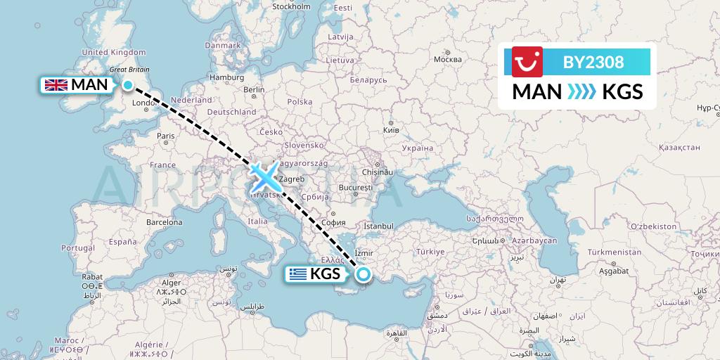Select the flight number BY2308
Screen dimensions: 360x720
[593, 62]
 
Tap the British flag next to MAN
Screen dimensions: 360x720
[55, 85]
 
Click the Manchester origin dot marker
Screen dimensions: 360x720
[128, 85]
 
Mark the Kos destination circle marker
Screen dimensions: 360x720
[364, 274]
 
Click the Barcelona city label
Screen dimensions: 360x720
[164, 221]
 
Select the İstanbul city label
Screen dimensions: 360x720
[378, 226]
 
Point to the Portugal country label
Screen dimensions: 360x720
[77, 247]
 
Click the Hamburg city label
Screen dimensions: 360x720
[226, 77]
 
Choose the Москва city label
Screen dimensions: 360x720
[447, 59]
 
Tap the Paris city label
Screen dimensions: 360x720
[166, 136]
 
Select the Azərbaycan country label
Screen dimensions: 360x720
[534, 240]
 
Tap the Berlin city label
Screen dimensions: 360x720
[254, 89]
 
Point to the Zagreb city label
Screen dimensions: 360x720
[291, 179]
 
